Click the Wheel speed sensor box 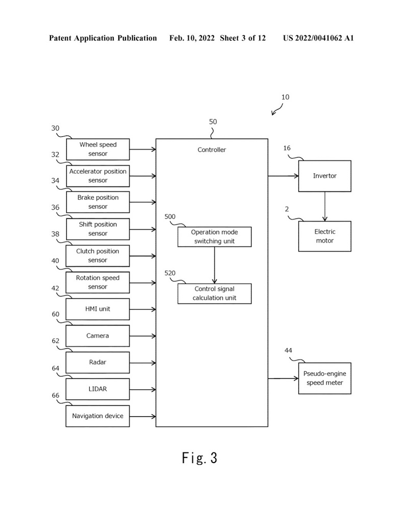click(x=97, y=149)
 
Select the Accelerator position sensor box click(x=97, y=176)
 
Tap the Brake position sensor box click(x=97, y=202)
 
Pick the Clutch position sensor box click(x=97, y=256)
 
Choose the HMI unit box click(x=97, y=309)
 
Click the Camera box click(x=97, y=336)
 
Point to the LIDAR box click(x=97, y=389)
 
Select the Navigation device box click(x=97, y=416)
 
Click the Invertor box click(x=324, y=176)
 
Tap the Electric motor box click(x=324, y=236)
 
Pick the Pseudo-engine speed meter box click(x=324, y=378)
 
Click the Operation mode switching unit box click(x=214, y=236)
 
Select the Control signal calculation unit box click(x=214, y=294)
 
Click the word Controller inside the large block click(x=212, y=150)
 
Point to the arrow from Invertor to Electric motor click(x=324, y=206)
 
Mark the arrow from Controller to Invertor click(x=283, y=176)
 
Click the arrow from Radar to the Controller click(x=142, y=363)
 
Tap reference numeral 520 click(x=170, y=273)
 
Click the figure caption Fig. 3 click(x=199, y=458)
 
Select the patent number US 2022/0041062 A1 click(x=318, y=38)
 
